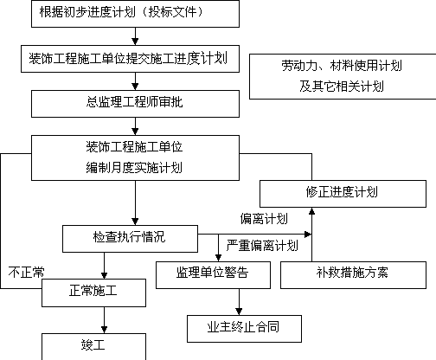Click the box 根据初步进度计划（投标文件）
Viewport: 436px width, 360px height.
pyautogui.click(x=135, y=14)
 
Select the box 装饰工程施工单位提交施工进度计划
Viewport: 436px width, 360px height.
pyautogui.click(x=130, y=59)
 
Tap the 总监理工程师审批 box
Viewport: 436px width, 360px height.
pyautogui.click(x=135, y=104)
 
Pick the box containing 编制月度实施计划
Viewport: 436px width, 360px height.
pyautogui.click(x=135, y=158)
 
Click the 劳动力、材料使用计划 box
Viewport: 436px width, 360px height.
pyautogui.click(x=343, y=76)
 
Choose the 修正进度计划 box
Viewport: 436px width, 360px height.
pyautogui.click(x=343, y=194)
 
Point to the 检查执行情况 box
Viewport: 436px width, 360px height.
pyautogui.click(x=130, y=239)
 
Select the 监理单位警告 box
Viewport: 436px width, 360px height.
pyautogui.click(x=213, y=275)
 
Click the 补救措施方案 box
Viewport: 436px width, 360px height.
pyautogui.click(x=353, y=275)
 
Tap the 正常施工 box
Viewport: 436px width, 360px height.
pyautogui.click(x=93, y=292)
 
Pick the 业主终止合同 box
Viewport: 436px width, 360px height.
pyautogui.click(x=244, y=329)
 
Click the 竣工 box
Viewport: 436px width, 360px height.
pyautogui.click(x=93, y=347)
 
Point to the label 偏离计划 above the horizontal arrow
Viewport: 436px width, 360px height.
pyautogui.click(x=264, y=219)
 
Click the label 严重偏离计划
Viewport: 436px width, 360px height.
pyautogui.click(x=262, y=246)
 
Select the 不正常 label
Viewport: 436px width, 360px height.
pyautogui.click(x=26, y=272)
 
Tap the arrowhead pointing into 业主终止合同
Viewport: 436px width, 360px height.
pyautogui.click(x=239, y=312)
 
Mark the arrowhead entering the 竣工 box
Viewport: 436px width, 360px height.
pyautogui.click(x=104, y=330)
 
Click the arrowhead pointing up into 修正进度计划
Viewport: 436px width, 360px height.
pyautogui.click(x=311, y=211)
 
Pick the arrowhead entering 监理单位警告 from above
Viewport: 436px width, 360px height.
pyautogui.click(x=218, y=258)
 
